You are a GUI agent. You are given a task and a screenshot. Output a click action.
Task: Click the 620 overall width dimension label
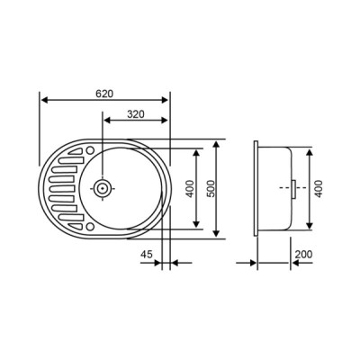pos(105,93)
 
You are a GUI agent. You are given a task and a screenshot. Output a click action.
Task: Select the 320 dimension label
pos(136,114)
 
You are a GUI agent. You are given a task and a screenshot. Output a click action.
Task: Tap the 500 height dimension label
pos(211,190)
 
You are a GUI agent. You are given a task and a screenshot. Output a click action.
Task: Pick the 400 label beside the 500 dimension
pos(190,190)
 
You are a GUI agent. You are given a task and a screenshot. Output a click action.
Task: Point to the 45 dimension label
pos(147,255)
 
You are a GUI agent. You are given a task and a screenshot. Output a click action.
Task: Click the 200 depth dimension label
pos(302,255)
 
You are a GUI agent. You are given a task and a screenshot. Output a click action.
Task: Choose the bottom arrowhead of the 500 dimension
pos(219,235)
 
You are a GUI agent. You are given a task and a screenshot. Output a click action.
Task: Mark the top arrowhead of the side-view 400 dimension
pos(311,151)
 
